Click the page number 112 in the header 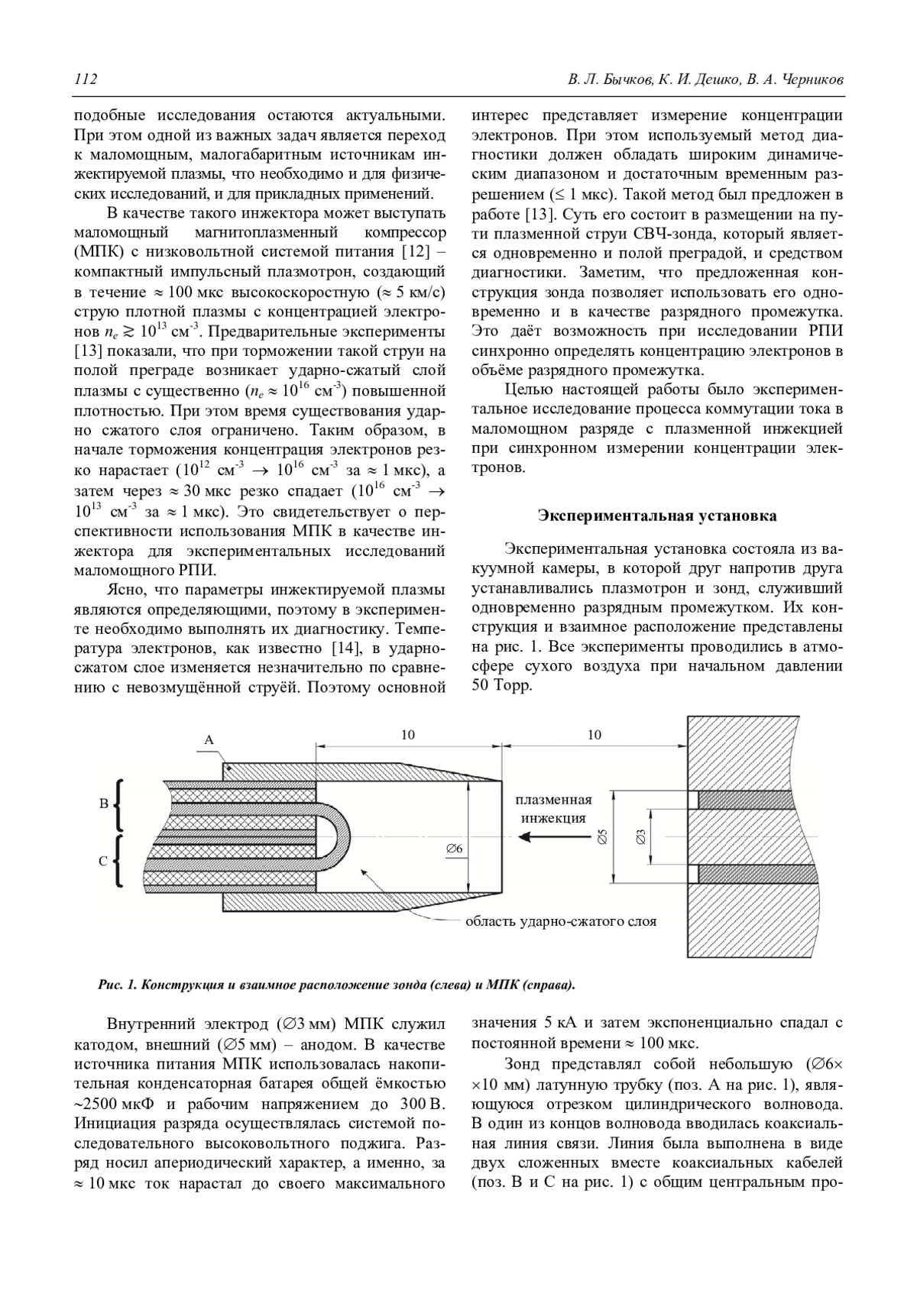(x=86, y=80)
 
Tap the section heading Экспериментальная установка (x=657, y=516)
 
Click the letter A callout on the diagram (x=209, y=739)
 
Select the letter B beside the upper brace (x=104, y=804)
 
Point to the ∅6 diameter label (x=454, y=849)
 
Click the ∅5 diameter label (x=601, y=837)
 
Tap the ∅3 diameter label (x=642, y=837)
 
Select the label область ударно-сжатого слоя (x=561, y=921)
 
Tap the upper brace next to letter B (x=119, y=805)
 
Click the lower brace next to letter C (x=119, y=861)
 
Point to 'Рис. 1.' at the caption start (x=117, y=985)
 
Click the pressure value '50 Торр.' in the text (x=501, y=685)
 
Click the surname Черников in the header (x=811, y=80)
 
